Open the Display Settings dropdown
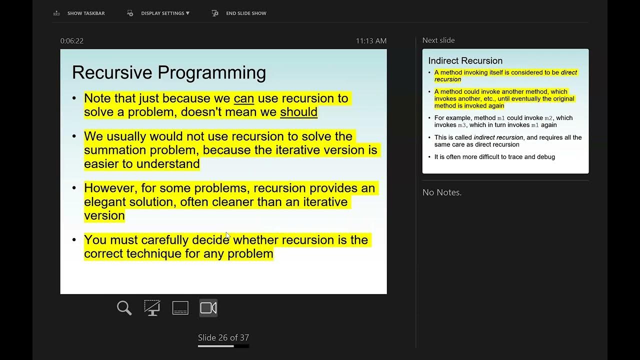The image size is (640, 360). [x=164, y=13]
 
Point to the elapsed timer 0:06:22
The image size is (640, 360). [x=72, y=41]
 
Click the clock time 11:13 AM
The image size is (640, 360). [x=371, y=41]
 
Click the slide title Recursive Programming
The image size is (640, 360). [x=168, y=72]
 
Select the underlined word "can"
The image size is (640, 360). [x=243, y=98]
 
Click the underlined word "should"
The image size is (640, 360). [x=298, y=112]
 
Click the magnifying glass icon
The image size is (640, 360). [x=124, y=308]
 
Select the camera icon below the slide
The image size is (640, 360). [x=208, y=308]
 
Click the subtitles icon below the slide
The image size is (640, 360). [x=180, y=308]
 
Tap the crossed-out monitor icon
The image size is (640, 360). [x=152, y=308]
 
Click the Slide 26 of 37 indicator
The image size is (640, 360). [x=223, y=337]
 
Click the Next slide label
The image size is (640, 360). [x=438, y=40]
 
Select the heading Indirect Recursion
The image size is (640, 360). [x=465, y=61]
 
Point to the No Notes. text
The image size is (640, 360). [x=442, y=192]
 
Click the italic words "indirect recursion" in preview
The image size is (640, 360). [x=498, y=137]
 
